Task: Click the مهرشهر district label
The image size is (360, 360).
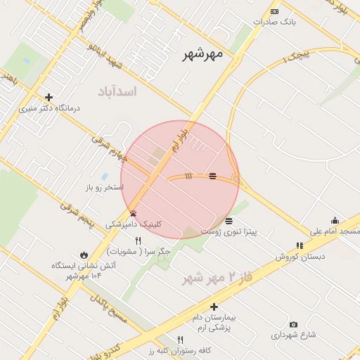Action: pos(202,54)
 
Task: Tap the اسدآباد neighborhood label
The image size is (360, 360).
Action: pos(117,91)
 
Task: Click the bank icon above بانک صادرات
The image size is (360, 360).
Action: pos(274,11)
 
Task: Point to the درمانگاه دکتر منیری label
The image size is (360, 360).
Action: pos(49,108)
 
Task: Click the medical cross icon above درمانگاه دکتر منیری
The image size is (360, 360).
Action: pos(49,97)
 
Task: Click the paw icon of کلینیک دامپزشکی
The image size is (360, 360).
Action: pos(133,212)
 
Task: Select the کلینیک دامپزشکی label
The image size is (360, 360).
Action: pos(134,224)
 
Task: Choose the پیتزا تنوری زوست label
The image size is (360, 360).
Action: pos(229,231)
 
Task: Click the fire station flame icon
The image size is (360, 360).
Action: pos(84,255)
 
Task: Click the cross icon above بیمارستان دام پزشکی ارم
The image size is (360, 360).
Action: pos(214,307)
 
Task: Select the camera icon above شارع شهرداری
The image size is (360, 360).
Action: pos(293,324)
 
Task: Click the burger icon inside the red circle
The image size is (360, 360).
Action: pos(212,175)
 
